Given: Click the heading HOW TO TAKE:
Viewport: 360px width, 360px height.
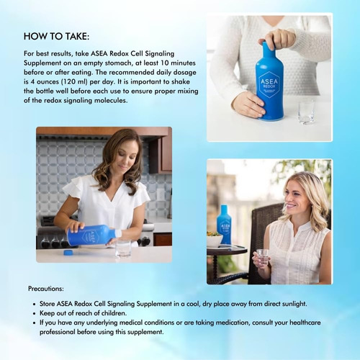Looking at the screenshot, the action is pyautogui.click(x=56, y=36).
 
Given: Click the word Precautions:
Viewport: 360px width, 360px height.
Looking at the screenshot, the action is pyautogui.click(x=46, y=289).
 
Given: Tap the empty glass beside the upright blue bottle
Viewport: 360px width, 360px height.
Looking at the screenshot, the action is pyautogui.click(x=306, y=112).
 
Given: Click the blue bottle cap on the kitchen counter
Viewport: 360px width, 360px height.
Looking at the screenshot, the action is pyautogui.click(x=68, y=253).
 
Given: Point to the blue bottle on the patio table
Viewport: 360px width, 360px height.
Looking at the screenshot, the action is pyautogui.click(x=225, y=225).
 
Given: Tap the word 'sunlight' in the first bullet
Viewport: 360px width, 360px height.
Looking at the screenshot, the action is pyautogui.click(x=294, y=304).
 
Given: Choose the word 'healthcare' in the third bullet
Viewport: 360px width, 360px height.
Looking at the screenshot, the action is pyautogui.click(x=305, y=323).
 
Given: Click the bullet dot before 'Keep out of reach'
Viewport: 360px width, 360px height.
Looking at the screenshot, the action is pyautogui.click(x=35, y=313).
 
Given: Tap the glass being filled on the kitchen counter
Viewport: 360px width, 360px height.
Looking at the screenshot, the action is pyautogui.click(x=123, y=248).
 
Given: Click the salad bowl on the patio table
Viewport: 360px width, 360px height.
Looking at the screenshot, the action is pyautogui.click(x=214, y=239).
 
